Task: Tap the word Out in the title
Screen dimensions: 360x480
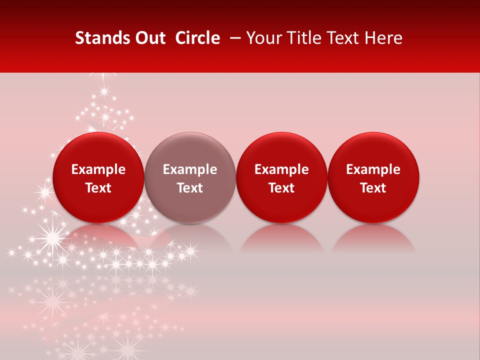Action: click(147, 38)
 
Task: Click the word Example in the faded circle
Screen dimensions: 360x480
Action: click(190, 170)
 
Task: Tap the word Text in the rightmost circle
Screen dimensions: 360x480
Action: click(373, 188)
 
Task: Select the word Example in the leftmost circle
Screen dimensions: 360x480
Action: click(98, 170)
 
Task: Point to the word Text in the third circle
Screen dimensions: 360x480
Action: click(281, 188)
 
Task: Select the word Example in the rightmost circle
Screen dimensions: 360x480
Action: click(373, 170)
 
